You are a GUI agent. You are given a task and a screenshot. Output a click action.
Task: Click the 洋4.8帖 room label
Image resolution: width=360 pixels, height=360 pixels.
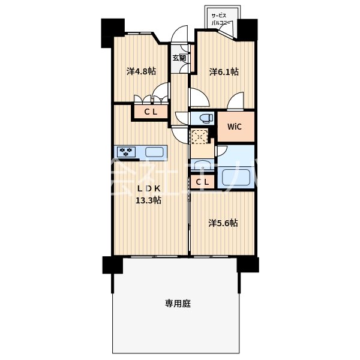pyautogui.click(x=141, y=71)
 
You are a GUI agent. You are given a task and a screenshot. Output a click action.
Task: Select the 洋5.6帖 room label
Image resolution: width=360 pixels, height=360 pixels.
pyautogui.click(x=223, y=223)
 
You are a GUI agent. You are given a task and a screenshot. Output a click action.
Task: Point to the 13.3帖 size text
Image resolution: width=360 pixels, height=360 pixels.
pyautogui.click(x=148, y=200)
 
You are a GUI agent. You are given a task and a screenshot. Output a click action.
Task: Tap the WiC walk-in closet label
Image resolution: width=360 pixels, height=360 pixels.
pyautogui.click(x=235, y=126)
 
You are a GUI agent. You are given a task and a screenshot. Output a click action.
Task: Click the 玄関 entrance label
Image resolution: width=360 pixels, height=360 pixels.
pyautogui.click(x=179, y=58)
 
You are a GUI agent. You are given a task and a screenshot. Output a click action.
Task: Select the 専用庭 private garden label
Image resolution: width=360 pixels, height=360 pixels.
pyautogui.click(x=178, y=304)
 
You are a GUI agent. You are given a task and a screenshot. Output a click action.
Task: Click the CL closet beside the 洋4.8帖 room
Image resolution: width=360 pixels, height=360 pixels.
pyautogui.click(x=150, y=111)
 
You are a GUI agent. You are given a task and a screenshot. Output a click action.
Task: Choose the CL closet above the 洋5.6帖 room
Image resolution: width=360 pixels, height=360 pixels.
pyautogui.click(x=203, y=182)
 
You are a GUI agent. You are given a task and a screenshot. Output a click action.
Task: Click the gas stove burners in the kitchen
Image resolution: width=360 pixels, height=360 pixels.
pyautogui.click(x=127, y=151)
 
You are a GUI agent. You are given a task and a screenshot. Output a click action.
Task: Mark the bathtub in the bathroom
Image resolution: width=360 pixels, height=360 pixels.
pyautogui.click(x=236, y=177)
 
